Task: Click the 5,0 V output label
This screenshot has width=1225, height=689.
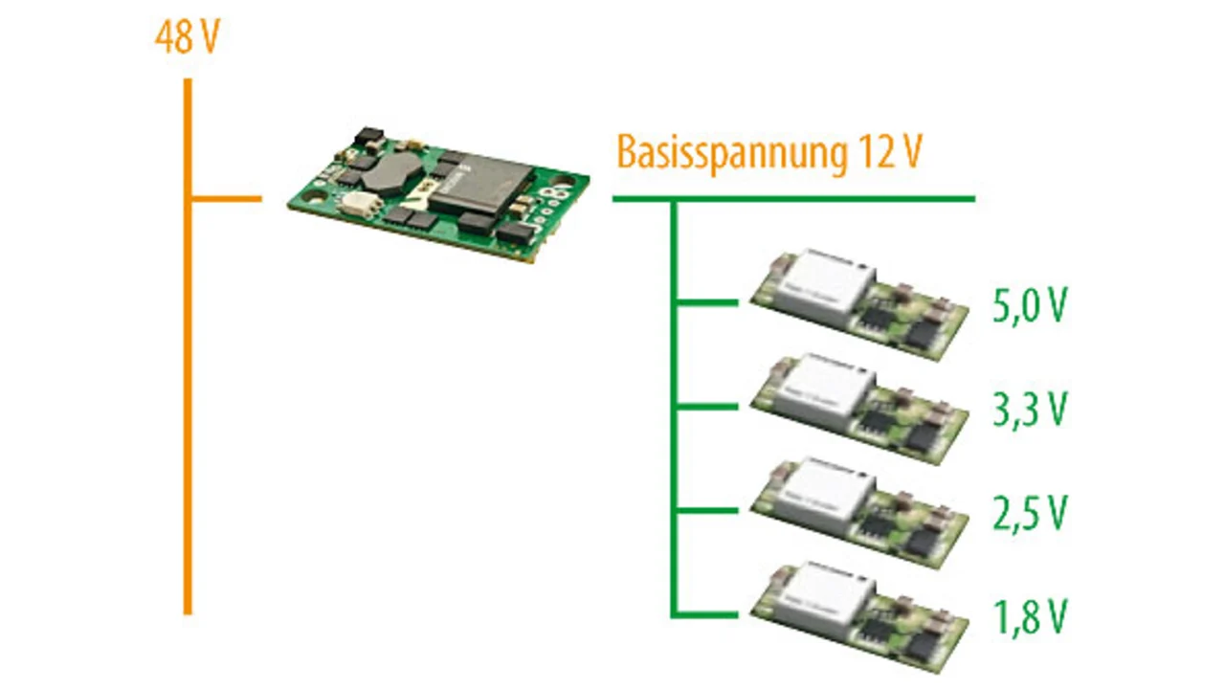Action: click(1029, 307)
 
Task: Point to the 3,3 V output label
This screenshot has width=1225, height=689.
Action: click(1029, 410)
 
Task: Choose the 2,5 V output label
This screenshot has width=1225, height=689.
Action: click(1029, 514)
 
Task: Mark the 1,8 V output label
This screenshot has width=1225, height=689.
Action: click(1029, 617)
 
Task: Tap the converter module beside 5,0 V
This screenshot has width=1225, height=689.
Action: click(858, 305)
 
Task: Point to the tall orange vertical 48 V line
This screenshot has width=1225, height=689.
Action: click(188, 383)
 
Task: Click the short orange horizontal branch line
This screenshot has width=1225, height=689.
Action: click(226, 200)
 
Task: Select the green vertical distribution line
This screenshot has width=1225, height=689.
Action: click(675, 431)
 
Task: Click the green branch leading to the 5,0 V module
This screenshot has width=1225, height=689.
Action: click(708, 303)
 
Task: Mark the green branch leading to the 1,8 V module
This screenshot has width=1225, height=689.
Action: click(708, 613)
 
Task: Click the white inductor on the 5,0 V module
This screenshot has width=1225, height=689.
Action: click(825, 285)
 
